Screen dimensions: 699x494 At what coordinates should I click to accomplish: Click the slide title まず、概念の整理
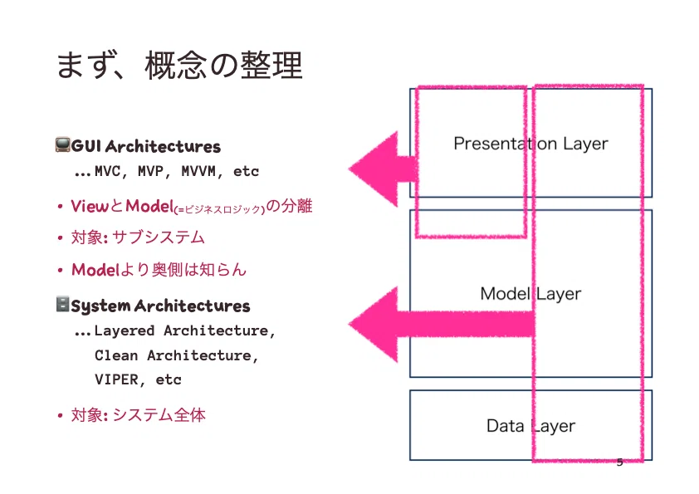[179, 65]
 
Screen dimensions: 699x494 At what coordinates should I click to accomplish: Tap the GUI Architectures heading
[146, 146]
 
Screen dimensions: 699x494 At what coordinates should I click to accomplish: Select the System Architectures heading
[160, 306]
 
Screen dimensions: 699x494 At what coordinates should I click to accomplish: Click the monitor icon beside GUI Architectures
[63, 145]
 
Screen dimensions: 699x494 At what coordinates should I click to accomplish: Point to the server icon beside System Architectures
[63, 304]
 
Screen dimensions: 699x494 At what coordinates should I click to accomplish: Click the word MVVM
[198, 171]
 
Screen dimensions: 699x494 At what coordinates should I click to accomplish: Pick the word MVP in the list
[151, 171]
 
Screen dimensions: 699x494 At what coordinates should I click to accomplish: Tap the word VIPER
[117, 379]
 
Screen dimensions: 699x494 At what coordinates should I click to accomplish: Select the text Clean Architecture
[173, 355]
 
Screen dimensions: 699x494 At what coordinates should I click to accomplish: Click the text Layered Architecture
[181, 330]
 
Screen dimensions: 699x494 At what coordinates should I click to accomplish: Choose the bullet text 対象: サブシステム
[138, 237]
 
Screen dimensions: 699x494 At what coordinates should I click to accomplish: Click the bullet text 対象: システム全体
[138, 414]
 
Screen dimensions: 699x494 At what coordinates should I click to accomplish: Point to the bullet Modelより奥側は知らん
[159, 269]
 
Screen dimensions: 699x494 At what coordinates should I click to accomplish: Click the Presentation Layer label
[530, 144]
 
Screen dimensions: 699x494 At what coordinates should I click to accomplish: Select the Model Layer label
[530, 294]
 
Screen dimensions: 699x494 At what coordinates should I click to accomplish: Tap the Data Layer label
[530, 426]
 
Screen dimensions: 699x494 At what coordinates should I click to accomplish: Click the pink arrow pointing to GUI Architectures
[383, 169]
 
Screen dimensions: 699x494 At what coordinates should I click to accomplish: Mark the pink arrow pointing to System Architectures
[442, 324]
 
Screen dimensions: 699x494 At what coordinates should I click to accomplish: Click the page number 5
[619, 462]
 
